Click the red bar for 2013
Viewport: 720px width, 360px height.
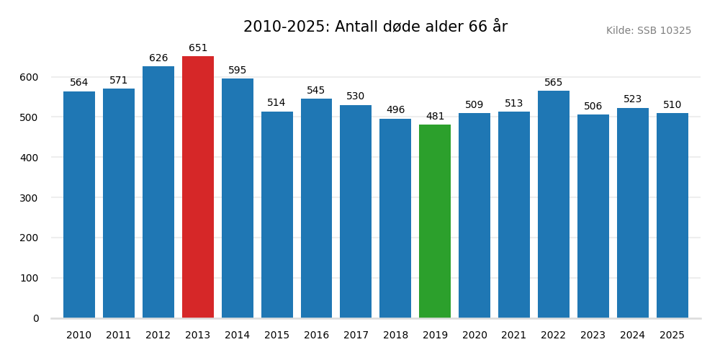click(x=198, y=187)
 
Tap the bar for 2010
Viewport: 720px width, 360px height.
click(x=79, y=204)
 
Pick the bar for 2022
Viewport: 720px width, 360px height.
click(x=554, y=204)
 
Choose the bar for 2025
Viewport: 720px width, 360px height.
click(x=672, y=215)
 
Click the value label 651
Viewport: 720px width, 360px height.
click(x=198, y=48)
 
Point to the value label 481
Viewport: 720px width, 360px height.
click(x=435, y=117)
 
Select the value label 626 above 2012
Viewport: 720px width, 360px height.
click(x=158, y=58)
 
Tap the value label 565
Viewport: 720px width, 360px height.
click(x=554, y=83)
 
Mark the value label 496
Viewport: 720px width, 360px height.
click(x=395, y=110)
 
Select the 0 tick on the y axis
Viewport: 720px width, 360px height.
click(x=36, y=318)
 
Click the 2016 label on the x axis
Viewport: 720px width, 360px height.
click(x=316, y=336)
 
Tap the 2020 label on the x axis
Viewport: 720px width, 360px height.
click(x=474, y=336)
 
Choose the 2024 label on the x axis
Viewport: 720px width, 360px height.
click(x=632, y=336)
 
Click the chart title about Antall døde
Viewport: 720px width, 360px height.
click(x=375, y=27)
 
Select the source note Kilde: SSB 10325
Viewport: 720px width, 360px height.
click(x=648, y=31)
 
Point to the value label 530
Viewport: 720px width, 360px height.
click(x=356, y=96)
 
